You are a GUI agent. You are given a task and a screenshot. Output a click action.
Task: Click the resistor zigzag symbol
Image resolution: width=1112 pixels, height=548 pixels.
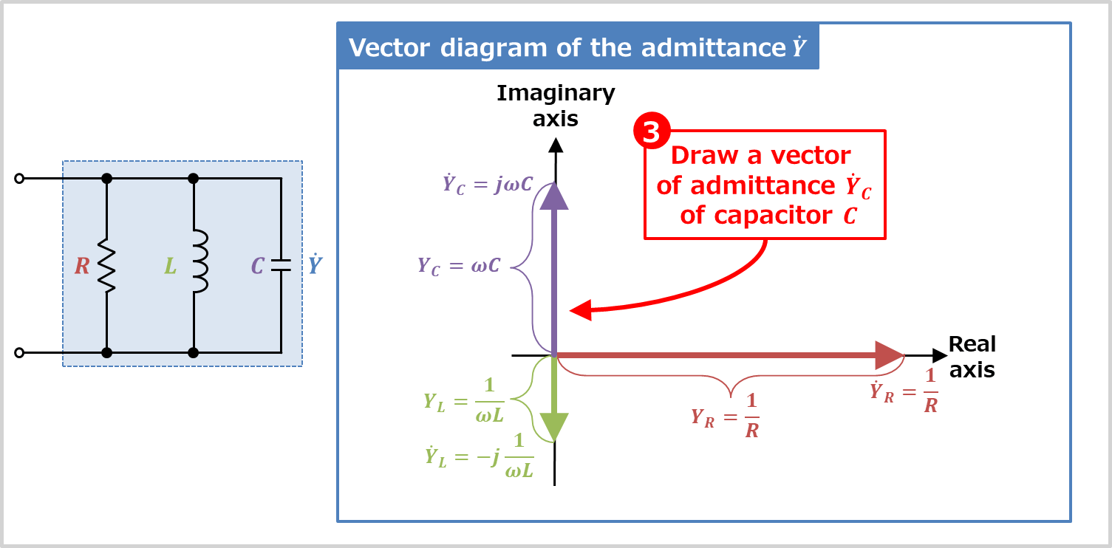point(106,265)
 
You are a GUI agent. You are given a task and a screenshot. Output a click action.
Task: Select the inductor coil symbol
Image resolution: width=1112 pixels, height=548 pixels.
point(200,261)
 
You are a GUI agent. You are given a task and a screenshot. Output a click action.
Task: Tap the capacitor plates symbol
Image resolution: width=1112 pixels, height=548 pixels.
point(281,266)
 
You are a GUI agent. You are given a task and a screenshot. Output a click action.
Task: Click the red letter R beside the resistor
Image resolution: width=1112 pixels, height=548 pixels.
point(82,266)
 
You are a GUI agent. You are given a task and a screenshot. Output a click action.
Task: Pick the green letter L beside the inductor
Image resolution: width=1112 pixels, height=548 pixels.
point(170,266)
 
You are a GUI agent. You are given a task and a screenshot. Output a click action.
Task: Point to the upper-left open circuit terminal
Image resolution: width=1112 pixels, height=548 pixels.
point(19,178)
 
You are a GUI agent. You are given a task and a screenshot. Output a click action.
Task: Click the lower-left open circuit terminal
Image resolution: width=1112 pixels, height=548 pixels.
point(19,353)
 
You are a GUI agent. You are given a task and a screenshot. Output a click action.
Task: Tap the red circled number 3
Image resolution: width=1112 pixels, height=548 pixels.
point(652,131)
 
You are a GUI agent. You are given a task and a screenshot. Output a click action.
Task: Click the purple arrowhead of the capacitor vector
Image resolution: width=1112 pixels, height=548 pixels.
point(554,196)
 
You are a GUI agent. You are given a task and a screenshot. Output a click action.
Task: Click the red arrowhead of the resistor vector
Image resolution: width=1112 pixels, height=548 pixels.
point(889,355)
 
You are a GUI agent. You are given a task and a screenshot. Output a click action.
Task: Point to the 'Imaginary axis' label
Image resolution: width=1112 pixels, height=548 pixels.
point(556,106)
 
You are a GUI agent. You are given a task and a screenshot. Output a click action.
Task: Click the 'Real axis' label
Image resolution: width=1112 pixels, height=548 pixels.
point(972,357)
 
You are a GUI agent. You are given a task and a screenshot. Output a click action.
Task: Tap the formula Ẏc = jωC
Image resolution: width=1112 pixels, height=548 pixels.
point(488,185)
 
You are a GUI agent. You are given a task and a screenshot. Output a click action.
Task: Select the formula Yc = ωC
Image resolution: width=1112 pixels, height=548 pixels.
point(459,266)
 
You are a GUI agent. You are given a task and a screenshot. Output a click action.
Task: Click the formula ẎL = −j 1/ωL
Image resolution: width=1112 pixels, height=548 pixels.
point(479,455)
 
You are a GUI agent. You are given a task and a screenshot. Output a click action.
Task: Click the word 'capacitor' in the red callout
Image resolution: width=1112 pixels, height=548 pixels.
point(773,216)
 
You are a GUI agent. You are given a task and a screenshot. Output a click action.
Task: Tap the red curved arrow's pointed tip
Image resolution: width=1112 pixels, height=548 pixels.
point(570,311)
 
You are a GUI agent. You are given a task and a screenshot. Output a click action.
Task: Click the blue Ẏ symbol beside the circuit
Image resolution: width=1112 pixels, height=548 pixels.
point(315,264)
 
